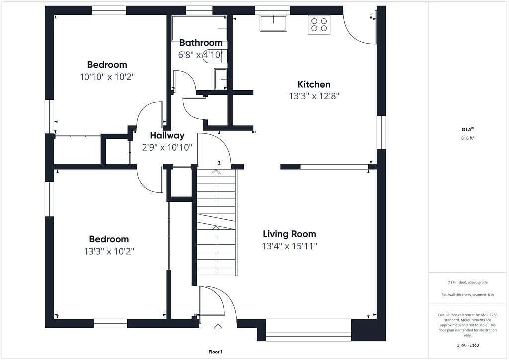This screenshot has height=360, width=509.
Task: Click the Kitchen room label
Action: pos(314,84)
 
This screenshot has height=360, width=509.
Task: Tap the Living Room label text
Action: pos(289,234)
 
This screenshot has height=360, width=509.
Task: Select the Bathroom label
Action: pos(201,43)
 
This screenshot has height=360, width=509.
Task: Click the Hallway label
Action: pos(167,135)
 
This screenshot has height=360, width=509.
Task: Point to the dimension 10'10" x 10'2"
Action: pos(107,77)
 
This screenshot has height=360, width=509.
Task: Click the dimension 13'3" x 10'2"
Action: pos(109,251)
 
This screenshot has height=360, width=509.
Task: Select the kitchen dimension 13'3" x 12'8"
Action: pos(314,96)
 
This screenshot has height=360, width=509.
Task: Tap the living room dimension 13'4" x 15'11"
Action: pos(290,246)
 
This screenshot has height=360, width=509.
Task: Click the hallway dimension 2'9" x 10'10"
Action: pos(167,148)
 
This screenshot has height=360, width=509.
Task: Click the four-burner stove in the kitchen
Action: pos(319,25)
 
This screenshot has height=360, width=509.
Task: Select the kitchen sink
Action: pos(273,23)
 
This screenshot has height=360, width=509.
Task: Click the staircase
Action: pos(216,221)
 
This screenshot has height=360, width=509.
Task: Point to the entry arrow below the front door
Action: pos(218,327)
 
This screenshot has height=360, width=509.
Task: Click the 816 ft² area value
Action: pos(467,138)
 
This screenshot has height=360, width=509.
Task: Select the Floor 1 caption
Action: pos(215,352)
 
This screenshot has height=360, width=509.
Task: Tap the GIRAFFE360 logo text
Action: pos(467,345)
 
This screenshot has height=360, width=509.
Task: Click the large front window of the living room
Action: pos(309,330)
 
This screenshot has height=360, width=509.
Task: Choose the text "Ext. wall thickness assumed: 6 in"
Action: pos(467,295)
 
